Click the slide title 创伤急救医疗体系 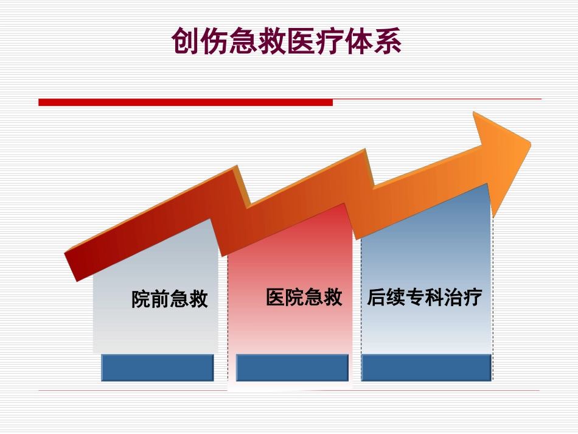287,41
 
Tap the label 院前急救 170,299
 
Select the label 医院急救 304,298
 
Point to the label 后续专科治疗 424,298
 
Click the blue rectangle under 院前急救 157,368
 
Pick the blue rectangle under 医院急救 292,368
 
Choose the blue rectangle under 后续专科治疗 426,368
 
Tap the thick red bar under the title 186,102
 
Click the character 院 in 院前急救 141,299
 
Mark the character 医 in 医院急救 276,298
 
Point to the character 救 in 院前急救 198,299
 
